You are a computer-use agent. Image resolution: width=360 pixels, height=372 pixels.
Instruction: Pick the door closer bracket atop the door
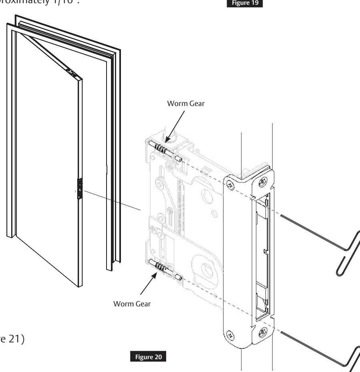[72, 72]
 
